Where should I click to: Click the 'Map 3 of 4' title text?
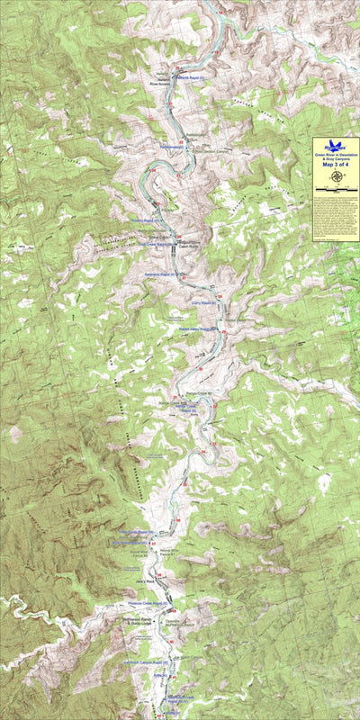point(335,164)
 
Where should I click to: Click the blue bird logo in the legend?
point(336,145)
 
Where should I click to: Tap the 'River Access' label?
point(159,87)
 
